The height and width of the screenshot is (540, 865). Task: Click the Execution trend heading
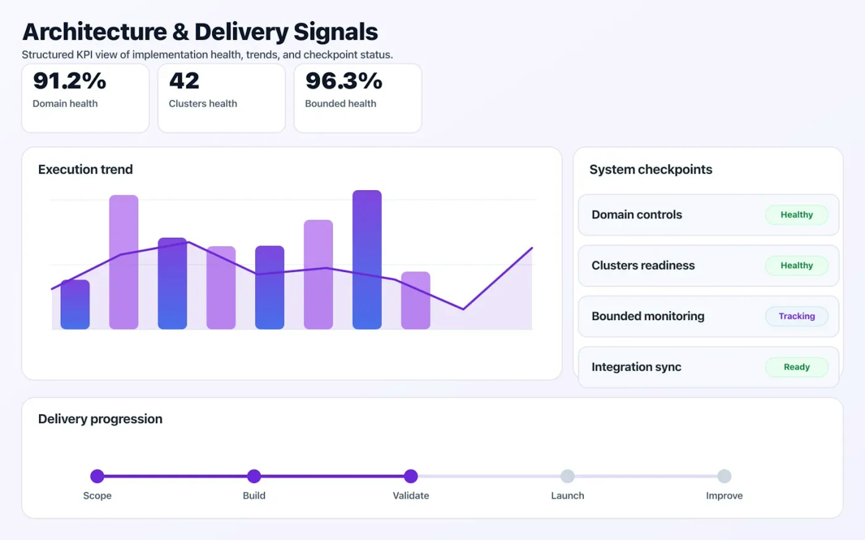85,169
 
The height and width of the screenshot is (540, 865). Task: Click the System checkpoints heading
651,169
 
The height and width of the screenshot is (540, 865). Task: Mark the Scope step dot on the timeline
97,476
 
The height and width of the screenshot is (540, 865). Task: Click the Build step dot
254,476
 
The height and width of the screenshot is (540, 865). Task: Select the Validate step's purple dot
411,476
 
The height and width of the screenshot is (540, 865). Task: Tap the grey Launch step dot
567,476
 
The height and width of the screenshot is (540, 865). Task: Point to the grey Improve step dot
724,476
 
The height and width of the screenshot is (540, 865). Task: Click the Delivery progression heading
100,418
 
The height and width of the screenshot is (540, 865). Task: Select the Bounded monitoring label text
648,316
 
